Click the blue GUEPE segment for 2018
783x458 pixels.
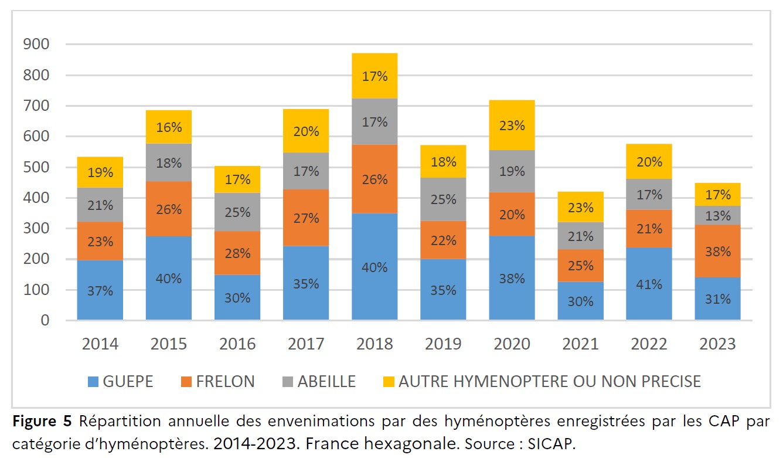coord(375,267)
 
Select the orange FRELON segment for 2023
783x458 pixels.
coord(717,251)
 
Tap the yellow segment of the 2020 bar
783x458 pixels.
coord(512,125)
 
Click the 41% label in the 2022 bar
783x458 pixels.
coord(649,284)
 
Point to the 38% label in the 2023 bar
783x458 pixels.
coord(717,252)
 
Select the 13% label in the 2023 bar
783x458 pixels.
coord(717,215)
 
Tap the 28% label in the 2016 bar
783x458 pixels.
coord(237,253)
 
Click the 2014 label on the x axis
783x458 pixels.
coord(100,344)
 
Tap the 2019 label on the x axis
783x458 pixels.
coord(442,344)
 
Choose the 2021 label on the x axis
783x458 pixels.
coord(580,344)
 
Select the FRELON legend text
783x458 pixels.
coord(226,382)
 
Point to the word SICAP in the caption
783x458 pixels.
coord(554,444)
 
